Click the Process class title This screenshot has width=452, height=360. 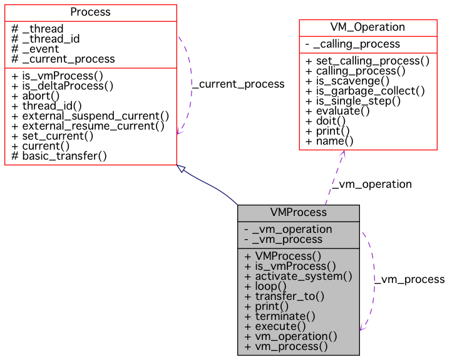point(90,12)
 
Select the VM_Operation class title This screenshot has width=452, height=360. point(367,27)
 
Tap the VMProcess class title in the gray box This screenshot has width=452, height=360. point(298,212)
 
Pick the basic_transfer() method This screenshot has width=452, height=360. point(59,156)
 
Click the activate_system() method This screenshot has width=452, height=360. point(298,276)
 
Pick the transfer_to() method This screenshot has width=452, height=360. point(284,296)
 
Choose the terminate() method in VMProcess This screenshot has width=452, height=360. point(280,316)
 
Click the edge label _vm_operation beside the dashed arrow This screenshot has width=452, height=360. point(371,184)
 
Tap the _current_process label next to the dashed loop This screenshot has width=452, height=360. point(238,84)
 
